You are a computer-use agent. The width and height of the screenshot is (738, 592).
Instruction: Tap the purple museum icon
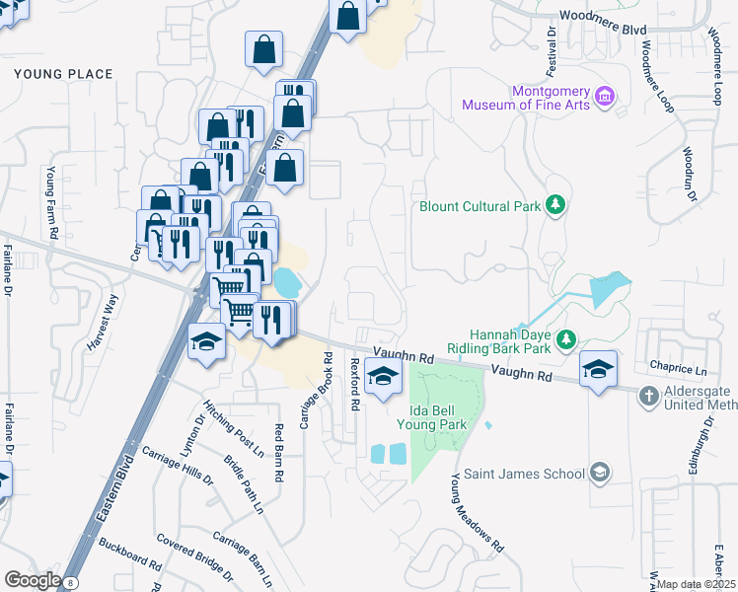pyautogui.click(x=606, y=98)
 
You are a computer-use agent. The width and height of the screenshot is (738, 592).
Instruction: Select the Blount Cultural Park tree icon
pyautogui.click(x=556, y=205)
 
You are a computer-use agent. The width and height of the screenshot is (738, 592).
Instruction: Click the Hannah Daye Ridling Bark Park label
pyautogui.click(x=509, y=340)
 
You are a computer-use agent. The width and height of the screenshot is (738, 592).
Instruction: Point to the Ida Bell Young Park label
pyautogui.click(x=431, y=416)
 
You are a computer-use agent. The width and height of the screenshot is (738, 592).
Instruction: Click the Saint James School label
pyautogui.click(x=524, y=474)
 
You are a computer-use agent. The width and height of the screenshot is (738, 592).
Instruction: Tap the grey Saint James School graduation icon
pyautogui.click(x=599, y=473)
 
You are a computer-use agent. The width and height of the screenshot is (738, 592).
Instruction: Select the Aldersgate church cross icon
pyautogui.click(x=648, y=397)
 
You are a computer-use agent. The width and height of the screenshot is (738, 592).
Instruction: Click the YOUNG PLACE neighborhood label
pyautogui.click(x=63, y=74)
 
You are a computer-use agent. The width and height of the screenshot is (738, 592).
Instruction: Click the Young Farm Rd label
pyautogui.click(x=51, y=203)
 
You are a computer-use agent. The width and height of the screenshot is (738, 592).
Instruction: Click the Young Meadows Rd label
pyautogui.click(x=478, y=510)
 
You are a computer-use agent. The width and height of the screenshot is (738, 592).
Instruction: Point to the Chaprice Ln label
pyautogui.click(x=680, y=369)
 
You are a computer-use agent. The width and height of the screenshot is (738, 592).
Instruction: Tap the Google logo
pyautogui.click(x=33, y=580)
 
